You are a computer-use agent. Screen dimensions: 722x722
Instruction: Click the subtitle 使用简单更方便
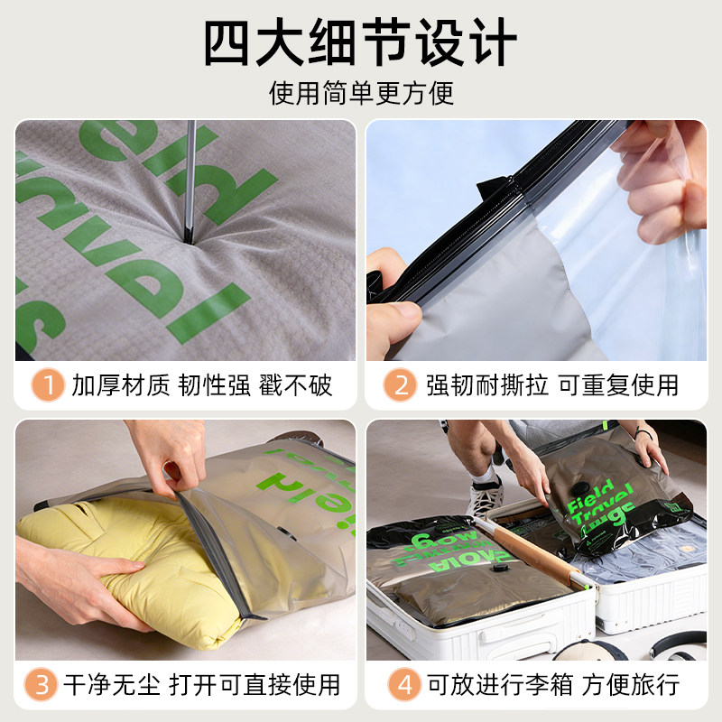[361, 93]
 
